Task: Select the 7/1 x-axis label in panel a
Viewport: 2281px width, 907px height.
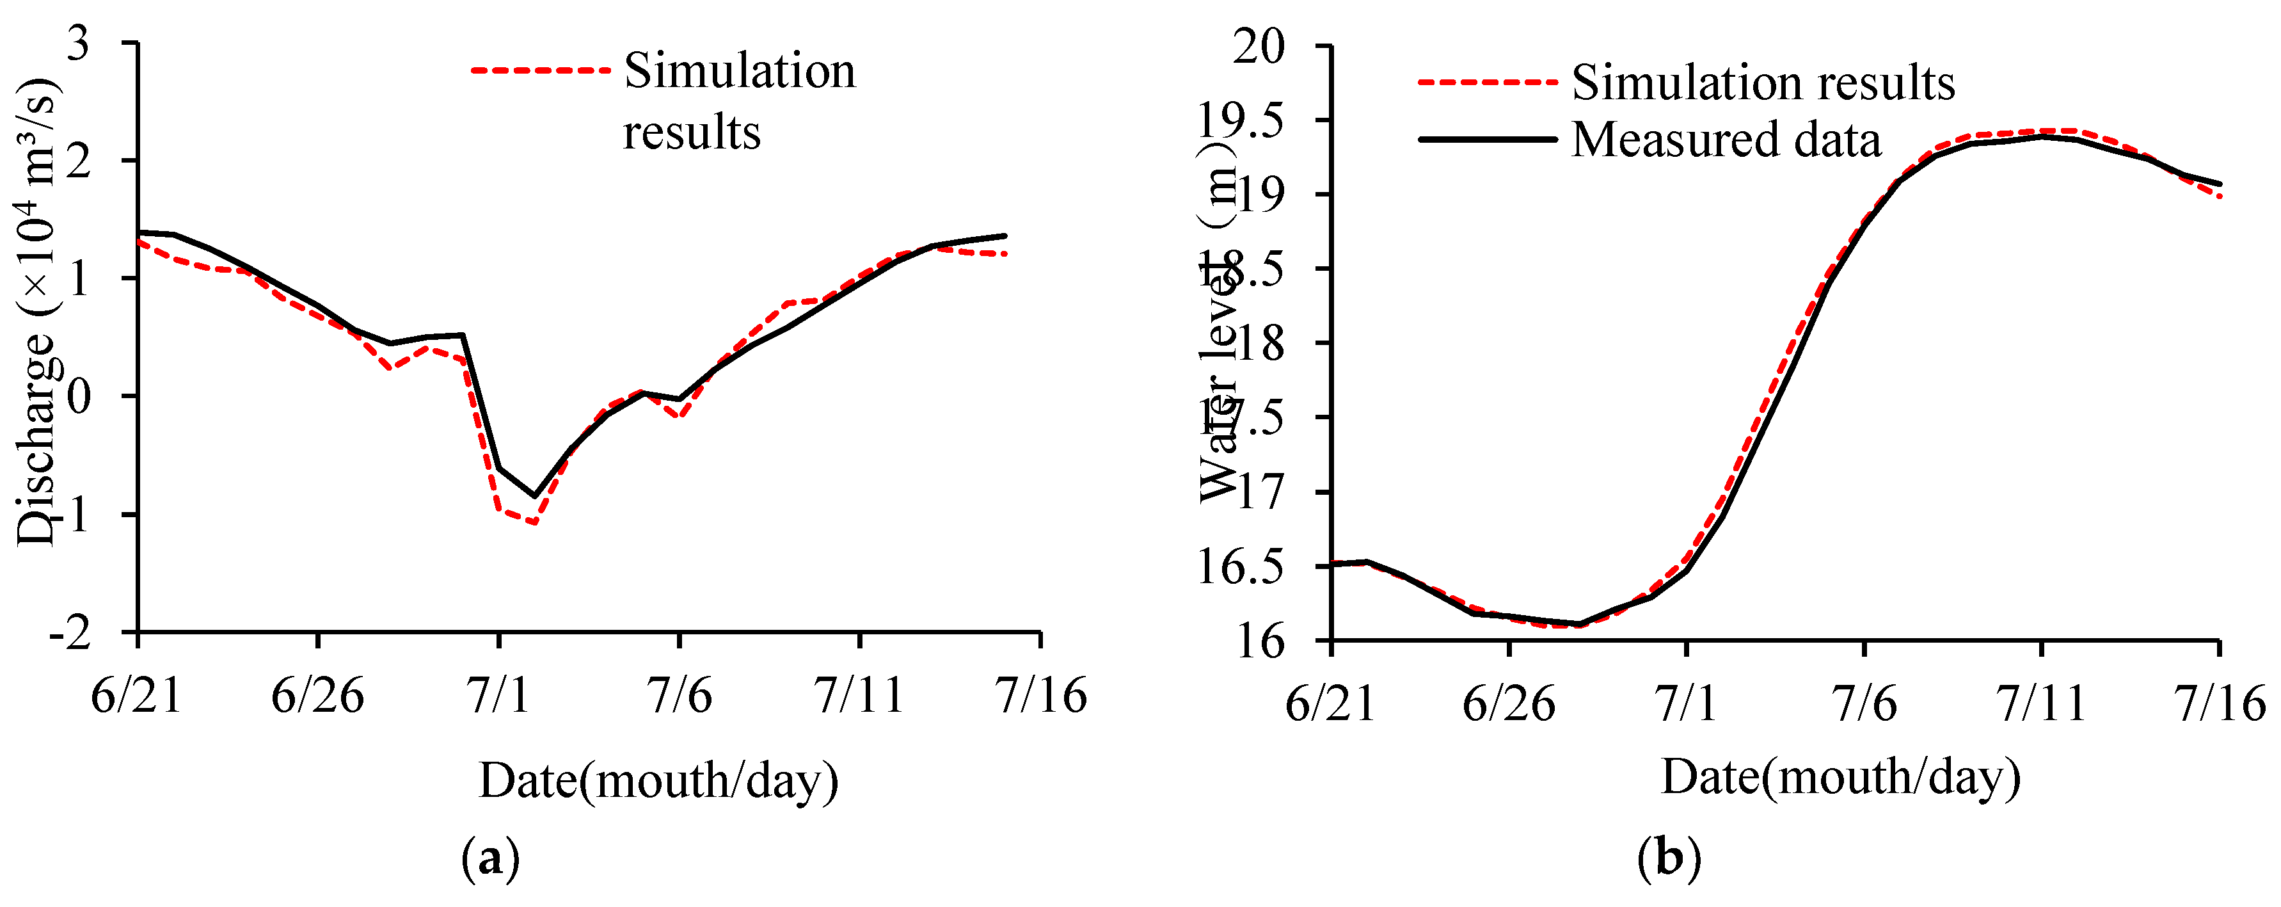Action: (498, 695)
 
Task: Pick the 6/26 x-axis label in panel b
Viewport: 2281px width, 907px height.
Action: (1508, 704)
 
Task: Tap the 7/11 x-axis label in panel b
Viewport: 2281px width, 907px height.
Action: (2041, 704)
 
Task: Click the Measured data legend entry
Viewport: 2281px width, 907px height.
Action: (1725, 140)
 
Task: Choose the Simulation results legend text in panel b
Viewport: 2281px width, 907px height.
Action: (1762, 83)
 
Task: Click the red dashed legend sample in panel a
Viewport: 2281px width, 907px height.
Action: (540, 70)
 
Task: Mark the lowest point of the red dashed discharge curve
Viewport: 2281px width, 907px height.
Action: (535, 522)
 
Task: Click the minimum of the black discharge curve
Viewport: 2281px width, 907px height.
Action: (534, 495)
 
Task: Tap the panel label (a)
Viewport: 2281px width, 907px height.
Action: (489, 858)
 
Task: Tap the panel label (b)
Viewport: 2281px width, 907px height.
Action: (1668, 858)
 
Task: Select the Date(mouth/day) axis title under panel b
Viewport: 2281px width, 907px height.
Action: (1840, 777)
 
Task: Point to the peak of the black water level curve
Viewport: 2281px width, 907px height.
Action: (2041, 136)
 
